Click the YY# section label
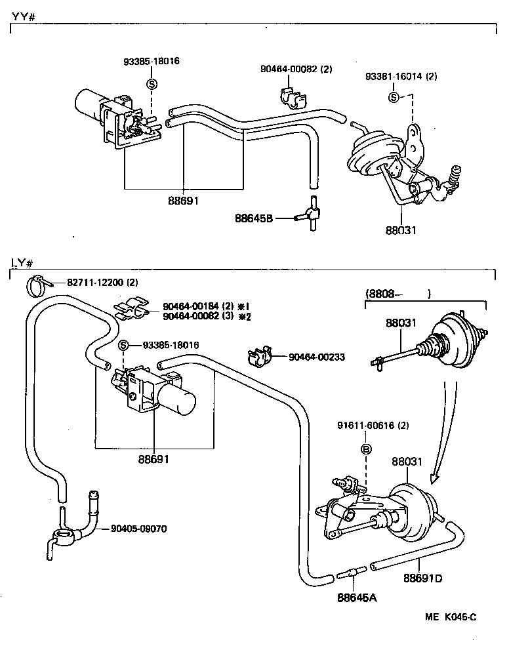[23, 16]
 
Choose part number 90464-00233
[317, 357]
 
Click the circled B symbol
[367, 450]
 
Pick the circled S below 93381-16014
[394, 98]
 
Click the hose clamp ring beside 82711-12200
[39, 285]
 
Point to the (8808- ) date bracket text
[397, 294]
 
